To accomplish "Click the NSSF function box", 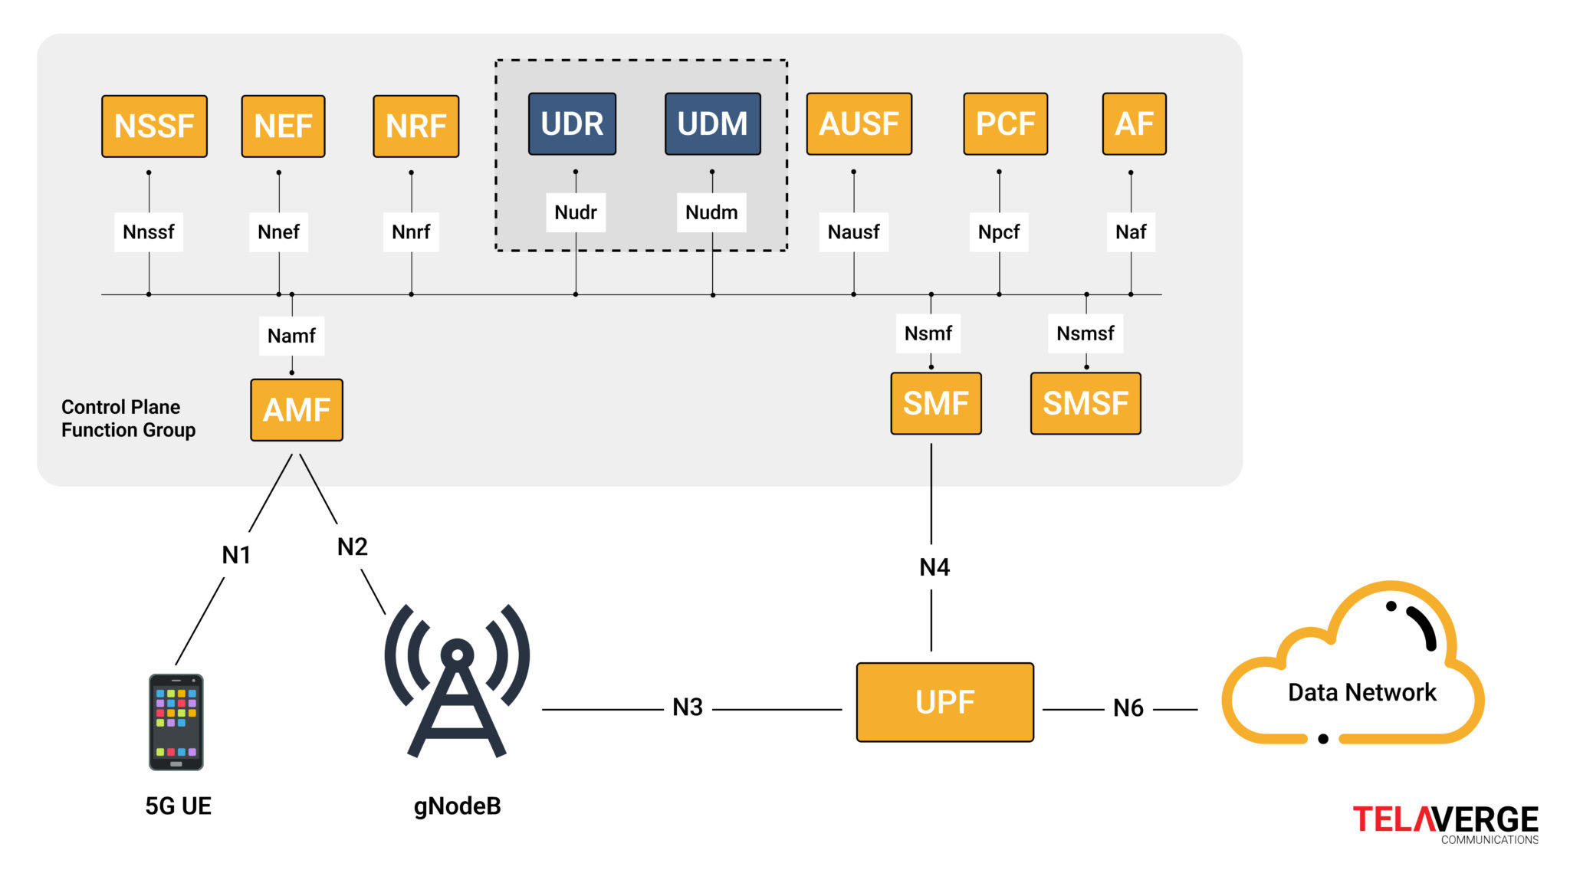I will [x=154, y=126].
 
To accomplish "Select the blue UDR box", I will [x=572, y=124].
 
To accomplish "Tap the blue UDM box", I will [x=712, y=124].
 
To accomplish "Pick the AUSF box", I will [x=859, y=124].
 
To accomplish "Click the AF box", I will [x=1134, y=124].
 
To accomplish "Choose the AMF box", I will [x=297, y=410].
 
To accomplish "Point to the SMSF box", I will [x=1085, y=404].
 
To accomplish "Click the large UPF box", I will [x=944, y=702].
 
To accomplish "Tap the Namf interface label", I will [x=291, y=336].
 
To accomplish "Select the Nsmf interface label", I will [x=928, y=333].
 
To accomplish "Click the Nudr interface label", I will [x=576, y=212].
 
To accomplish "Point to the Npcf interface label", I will [x=998, y=232].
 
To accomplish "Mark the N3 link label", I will [x=688, y=707].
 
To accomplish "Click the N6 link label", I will [x=1128, y=708].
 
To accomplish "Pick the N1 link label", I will [x=236, y=555].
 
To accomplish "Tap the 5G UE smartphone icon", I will [x=176, y=722].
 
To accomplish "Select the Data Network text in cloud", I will [x=1361, y=692].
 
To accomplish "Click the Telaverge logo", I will [x=1445, y=823].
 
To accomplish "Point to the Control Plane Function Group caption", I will [x=128, y=419].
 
